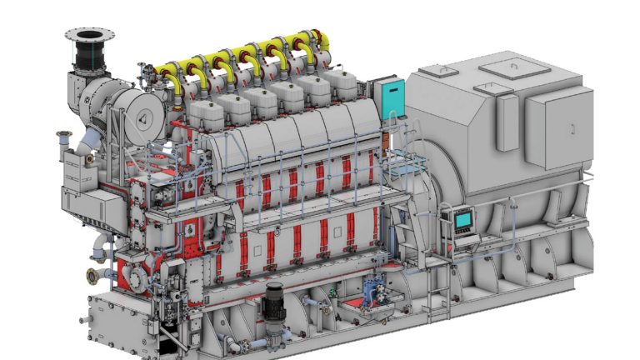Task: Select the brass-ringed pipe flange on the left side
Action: (93, 276)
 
